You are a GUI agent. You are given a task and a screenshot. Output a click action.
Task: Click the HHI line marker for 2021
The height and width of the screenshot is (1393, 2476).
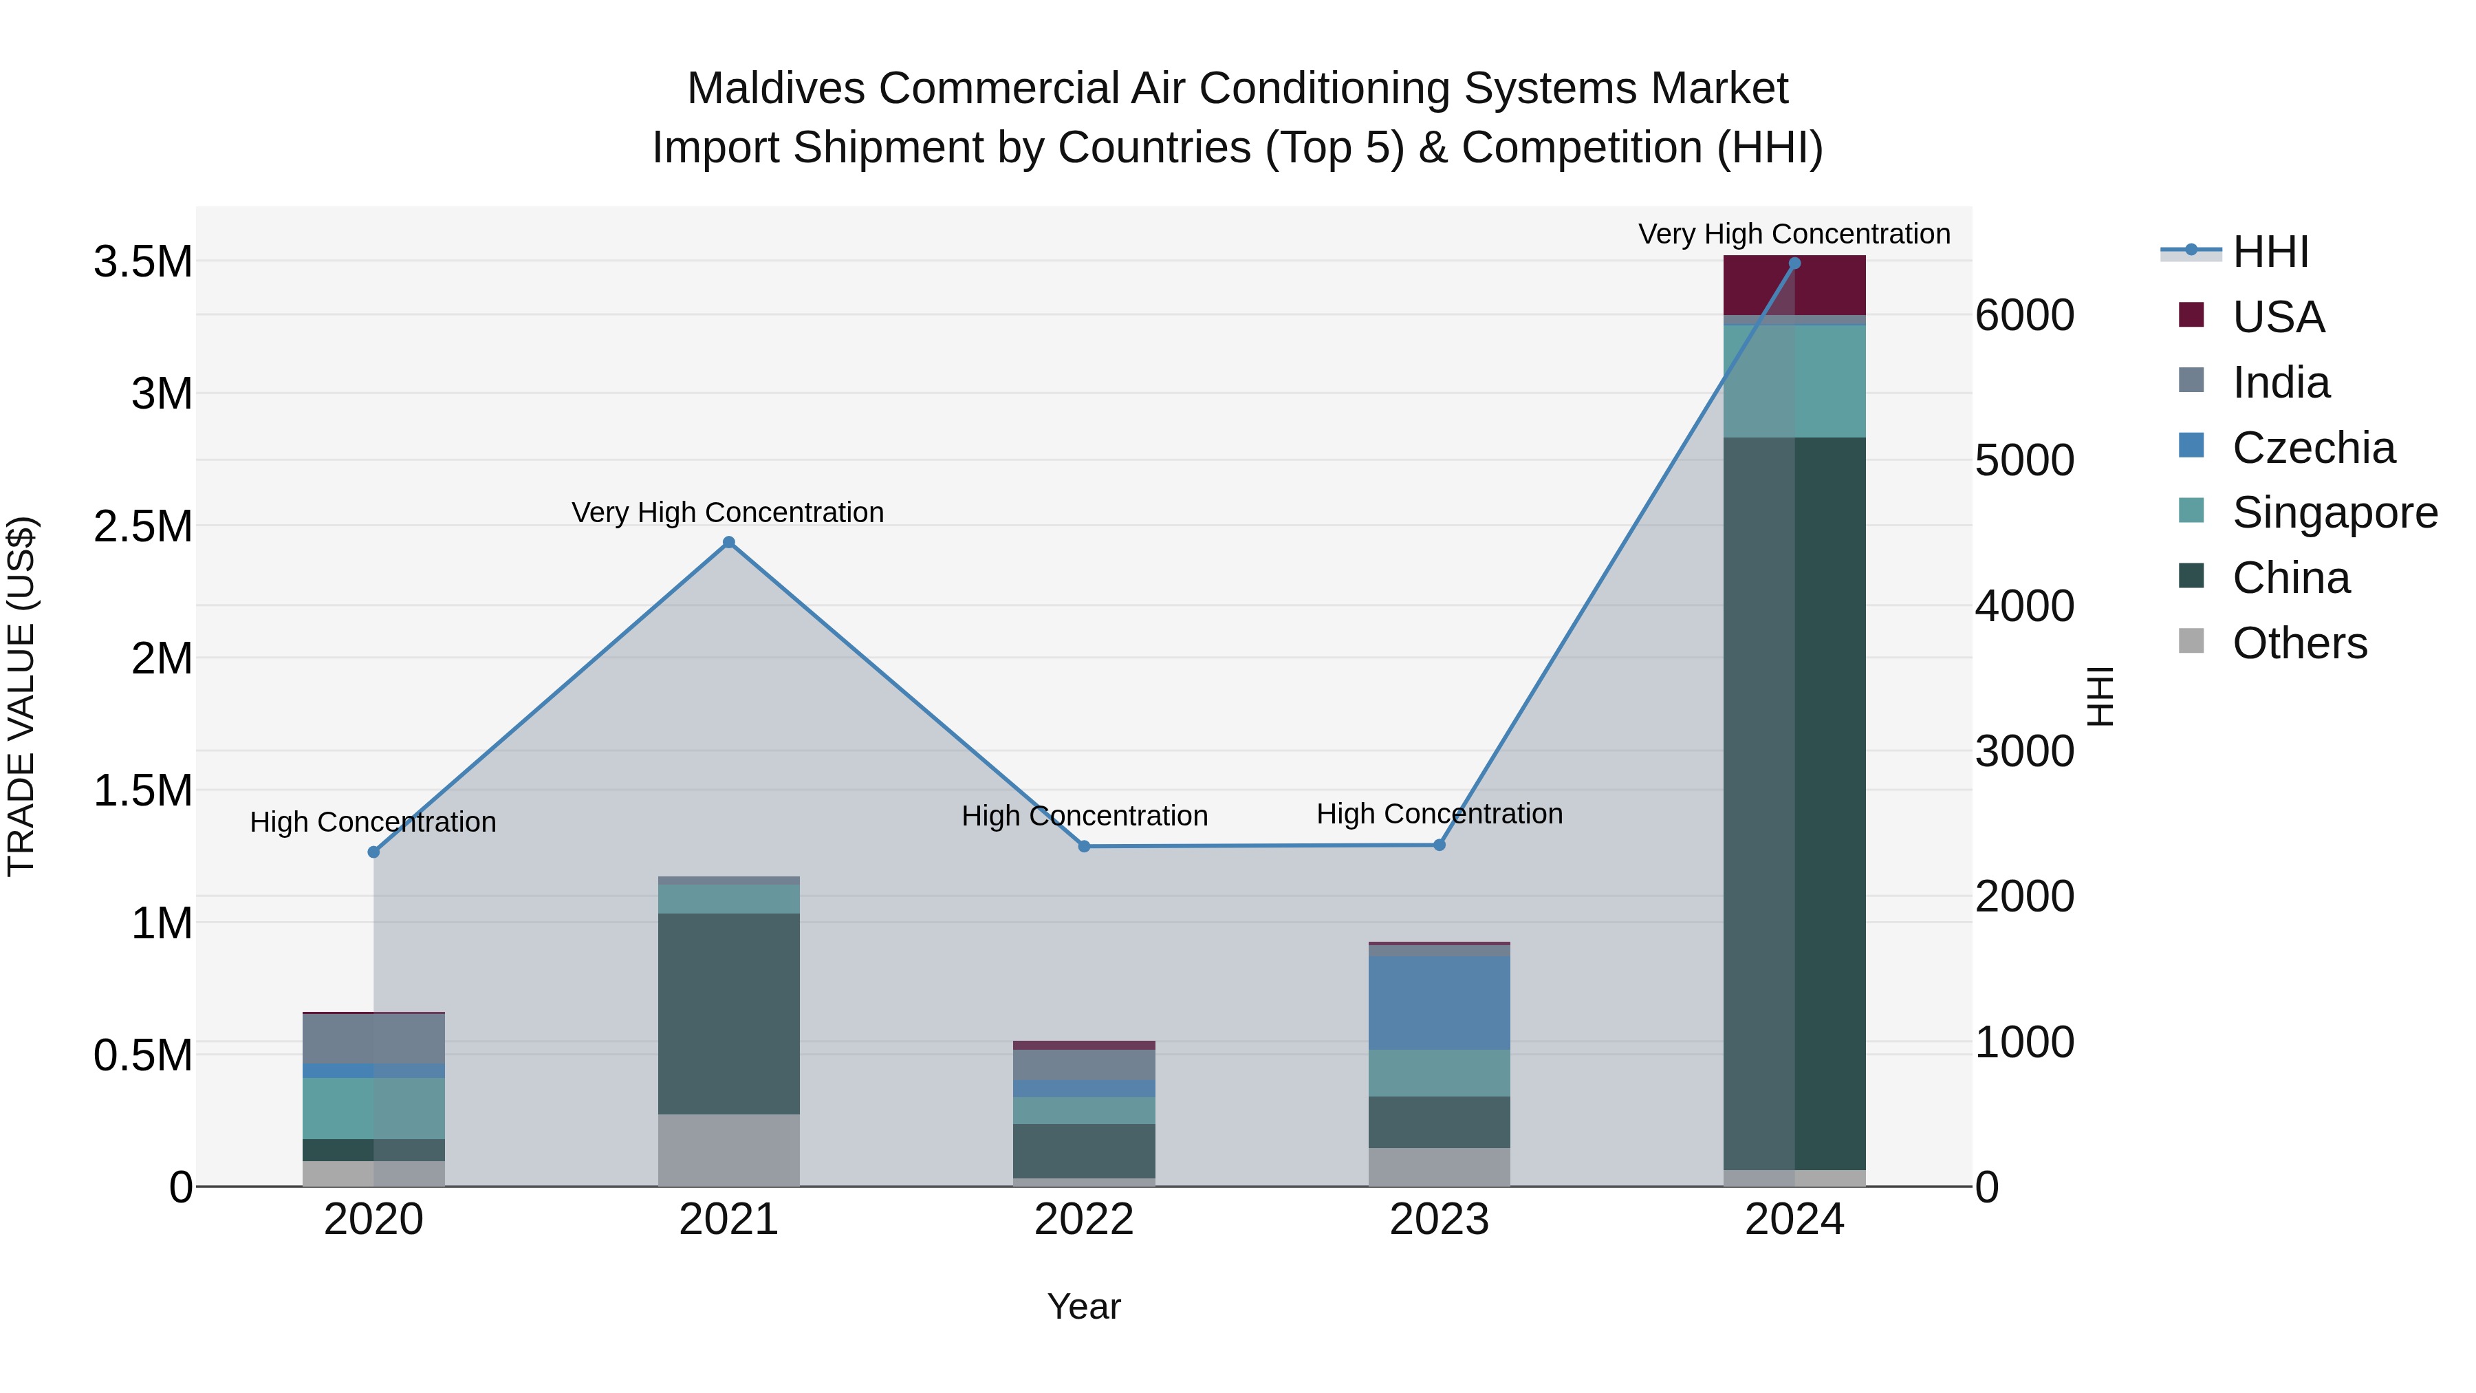click(728, 542)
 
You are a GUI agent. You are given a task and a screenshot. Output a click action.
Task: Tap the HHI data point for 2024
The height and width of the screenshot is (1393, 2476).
click(1794, 263)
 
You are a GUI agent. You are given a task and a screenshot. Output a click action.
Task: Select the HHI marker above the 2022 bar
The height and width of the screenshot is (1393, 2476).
click(1084, 846)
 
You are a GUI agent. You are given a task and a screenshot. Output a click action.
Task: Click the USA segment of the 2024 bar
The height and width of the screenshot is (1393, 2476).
click(1794, 286)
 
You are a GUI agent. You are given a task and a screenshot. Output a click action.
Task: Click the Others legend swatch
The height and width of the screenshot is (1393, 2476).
click(2191, 640)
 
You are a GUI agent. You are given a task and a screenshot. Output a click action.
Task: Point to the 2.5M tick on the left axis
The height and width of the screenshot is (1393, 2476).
click(143, 527)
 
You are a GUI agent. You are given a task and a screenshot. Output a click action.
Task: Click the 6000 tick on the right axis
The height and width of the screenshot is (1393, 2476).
click(2024, 315)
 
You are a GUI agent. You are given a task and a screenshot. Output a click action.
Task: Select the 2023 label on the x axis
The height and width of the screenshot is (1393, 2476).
click(1439, 1220)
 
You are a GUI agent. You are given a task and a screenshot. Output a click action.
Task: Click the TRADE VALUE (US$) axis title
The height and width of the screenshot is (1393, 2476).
click(22, 696)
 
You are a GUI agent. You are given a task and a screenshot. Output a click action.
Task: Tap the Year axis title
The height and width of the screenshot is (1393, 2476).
click(1083, 1306)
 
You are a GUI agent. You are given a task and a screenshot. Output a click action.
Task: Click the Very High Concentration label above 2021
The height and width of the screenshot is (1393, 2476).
click(728, 512)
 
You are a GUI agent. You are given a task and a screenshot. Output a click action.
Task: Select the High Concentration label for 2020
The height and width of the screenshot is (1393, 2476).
click(373, 822)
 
